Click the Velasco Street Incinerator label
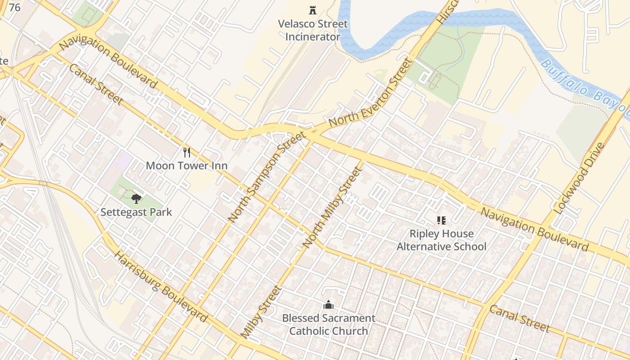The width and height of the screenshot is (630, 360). coord(313,30)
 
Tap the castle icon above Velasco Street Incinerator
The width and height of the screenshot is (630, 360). coord(312,10)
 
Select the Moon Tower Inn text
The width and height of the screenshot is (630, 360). coord(186,166)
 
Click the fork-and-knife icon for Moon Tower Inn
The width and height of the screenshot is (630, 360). coord(187,153)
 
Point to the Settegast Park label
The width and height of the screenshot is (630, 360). coord(136,212)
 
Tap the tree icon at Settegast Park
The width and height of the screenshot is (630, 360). coord(136,198)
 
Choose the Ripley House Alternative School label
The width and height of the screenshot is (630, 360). coord(441,240)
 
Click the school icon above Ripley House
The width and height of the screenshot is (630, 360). coord(441,220)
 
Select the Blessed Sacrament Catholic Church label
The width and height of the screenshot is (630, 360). coord(328,324)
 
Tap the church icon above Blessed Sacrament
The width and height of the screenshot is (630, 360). coord(328,305)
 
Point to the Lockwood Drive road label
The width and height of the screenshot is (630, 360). coord(578,178)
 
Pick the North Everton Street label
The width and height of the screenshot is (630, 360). coord(370,93)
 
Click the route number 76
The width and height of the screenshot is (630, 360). coord(14,7)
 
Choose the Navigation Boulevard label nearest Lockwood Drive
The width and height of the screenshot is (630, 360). coord(535,229)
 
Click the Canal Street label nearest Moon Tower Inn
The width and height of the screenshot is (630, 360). coord(95,84)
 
